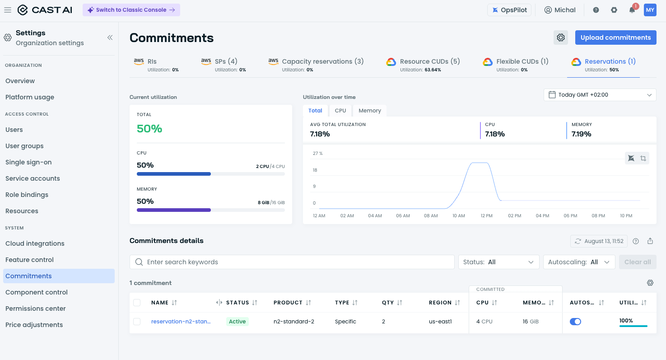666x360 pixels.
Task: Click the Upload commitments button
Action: [615, 37]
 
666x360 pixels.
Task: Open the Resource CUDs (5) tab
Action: [423, 65]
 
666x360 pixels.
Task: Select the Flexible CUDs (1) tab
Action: [515, 65]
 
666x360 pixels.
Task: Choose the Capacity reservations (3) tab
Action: [316, 65]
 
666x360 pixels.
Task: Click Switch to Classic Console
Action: [131, 10]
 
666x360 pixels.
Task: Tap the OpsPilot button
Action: [509, 10]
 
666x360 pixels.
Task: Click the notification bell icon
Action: [632, 10]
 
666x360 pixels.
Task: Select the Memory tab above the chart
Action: [369, 111]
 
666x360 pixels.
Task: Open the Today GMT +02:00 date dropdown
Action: [600, 95]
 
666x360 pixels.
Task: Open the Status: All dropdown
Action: [498, 262]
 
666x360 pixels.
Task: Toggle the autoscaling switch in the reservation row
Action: [575, 322]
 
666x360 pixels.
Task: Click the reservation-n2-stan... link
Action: [181, 321]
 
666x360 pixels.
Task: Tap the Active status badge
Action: [237, 321]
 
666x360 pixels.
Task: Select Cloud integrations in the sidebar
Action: [35, 243]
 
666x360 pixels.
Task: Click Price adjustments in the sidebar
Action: [34, 325]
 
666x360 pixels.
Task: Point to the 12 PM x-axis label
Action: [486, 216]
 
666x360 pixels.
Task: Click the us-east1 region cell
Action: [440, 321]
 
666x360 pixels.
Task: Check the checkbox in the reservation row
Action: [137, 322]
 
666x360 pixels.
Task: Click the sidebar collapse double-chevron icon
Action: [110, 37]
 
